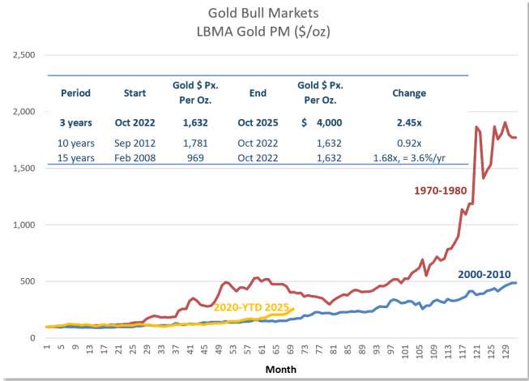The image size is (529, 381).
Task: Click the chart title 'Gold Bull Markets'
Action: tap(264, 13)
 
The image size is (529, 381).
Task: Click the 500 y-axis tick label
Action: tap(30, 282)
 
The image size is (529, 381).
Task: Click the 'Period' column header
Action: tap(75, 93)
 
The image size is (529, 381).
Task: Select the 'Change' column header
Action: tap(408, 93)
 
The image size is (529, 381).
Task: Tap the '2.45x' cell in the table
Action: tap(408, 123)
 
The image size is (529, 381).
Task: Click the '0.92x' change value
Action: tap(408, 143)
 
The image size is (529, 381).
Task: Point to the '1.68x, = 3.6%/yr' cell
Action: tap(408, 158)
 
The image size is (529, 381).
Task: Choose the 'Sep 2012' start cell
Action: tap(134, 143)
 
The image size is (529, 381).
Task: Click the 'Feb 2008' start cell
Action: tap(134, 158)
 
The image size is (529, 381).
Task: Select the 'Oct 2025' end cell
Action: tap(258, 123)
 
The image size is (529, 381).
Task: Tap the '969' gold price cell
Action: tap(196, 158)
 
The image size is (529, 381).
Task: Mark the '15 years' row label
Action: tap(75, 158)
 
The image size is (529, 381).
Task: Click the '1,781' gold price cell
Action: tap(196, 143)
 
